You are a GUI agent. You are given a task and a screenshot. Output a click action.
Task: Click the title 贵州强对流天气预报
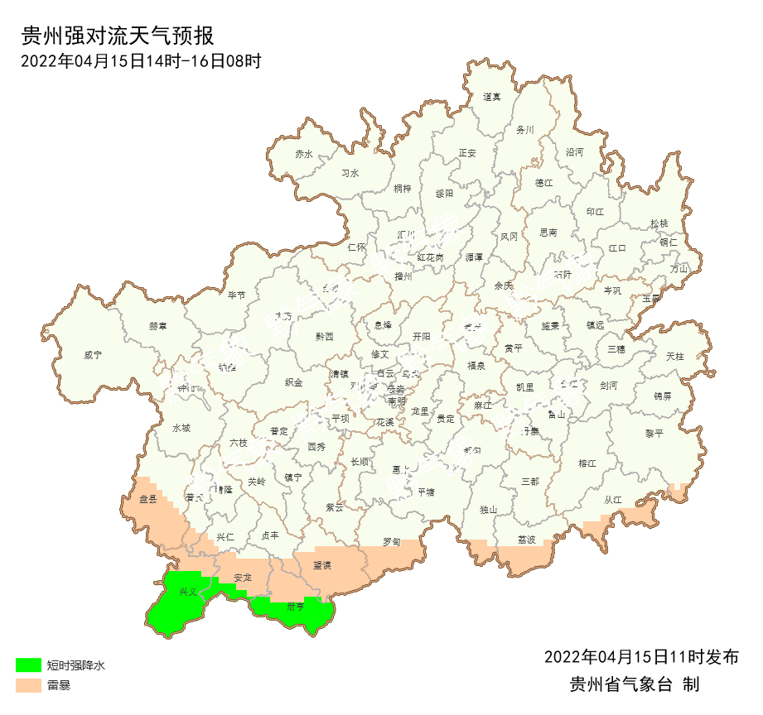click(x=118, y=36)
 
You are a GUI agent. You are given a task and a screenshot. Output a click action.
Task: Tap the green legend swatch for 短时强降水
click(x=27, y=665)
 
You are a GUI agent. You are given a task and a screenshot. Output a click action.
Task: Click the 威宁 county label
click(x=93, y=355)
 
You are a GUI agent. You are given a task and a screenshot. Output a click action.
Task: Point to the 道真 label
click(x=492, y=97)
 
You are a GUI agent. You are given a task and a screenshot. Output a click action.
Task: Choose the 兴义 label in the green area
click(x=188, y=592)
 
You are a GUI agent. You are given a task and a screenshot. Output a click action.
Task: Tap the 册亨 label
click(x=296, y=607)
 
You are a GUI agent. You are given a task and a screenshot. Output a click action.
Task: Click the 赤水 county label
click(x=304, y=154)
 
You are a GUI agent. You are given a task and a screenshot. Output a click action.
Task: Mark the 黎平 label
click(x=654, y=433)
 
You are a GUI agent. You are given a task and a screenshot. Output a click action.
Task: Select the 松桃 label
click(x=659, y=223)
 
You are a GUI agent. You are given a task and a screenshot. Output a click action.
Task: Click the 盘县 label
click(x=148, y=499)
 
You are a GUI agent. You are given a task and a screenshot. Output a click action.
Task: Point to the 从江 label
click(x=613, y=500)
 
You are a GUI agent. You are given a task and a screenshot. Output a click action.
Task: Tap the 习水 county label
click(x=350, y=174)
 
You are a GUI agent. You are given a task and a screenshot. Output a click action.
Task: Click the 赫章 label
click(x=158, y=326)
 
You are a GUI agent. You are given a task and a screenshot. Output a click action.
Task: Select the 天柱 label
click(x=675, y=356)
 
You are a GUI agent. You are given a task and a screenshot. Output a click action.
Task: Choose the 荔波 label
click(x=527, y=540)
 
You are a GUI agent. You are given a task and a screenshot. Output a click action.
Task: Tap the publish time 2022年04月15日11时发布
click(x=641, y=657)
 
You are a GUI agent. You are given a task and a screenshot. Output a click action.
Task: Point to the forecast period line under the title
click(x=141, y=60)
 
